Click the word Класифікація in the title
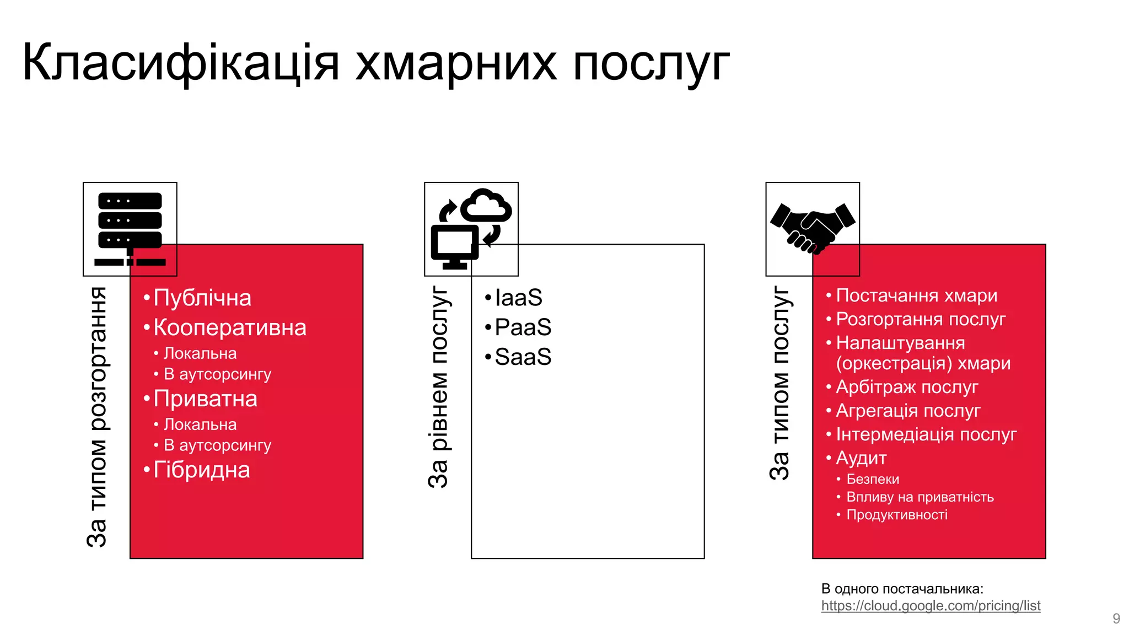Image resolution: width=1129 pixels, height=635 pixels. (180, 63)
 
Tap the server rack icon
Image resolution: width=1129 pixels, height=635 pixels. (130, 229)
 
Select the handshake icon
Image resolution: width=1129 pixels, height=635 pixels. (813, 228)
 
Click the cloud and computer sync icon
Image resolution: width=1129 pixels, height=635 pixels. (471, 229)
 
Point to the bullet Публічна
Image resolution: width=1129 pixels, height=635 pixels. (202, 298)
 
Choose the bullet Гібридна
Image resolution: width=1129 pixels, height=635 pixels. (201, 470)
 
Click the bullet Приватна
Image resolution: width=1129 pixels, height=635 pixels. (205, 399)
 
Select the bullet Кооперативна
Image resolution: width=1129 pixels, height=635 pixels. (229, 328)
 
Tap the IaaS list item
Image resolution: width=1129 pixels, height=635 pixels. (518, 298)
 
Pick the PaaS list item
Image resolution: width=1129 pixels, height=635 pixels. (523, 328)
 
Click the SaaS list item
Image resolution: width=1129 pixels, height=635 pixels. (523, 358)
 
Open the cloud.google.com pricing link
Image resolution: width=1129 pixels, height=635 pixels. (931, 606)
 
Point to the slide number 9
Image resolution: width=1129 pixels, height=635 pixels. (1116, 618)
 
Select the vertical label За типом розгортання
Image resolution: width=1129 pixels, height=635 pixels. (97, 417)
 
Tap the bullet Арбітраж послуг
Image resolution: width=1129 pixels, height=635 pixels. (907, 388)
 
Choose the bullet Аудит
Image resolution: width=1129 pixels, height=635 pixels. (861, 459)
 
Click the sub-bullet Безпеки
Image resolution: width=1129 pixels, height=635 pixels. (873, 480)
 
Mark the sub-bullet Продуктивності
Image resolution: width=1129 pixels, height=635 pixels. (897, 515)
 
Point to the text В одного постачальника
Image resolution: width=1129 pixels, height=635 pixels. (902, 589)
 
